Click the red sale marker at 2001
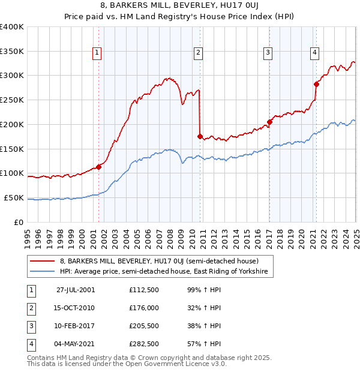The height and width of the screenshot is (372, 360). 99,167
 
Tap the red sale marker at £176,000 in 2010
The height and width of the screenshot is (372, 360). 200,136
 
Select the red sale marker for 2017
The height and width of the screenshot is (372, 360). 269,122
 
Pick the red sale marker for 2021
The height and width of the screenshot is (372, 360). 316,84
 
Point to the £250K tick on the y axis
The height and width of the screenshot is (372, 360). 12,100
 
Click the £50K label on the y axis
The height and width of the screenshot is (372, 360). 14,197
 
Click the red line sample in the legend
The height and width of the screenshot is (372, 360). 42,262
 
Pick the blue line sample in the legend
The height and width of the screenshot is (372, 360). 42,272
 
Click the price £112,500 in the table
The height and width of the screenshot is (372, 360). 143,290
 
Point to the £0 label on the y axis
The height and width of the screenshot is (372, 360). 19,222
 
